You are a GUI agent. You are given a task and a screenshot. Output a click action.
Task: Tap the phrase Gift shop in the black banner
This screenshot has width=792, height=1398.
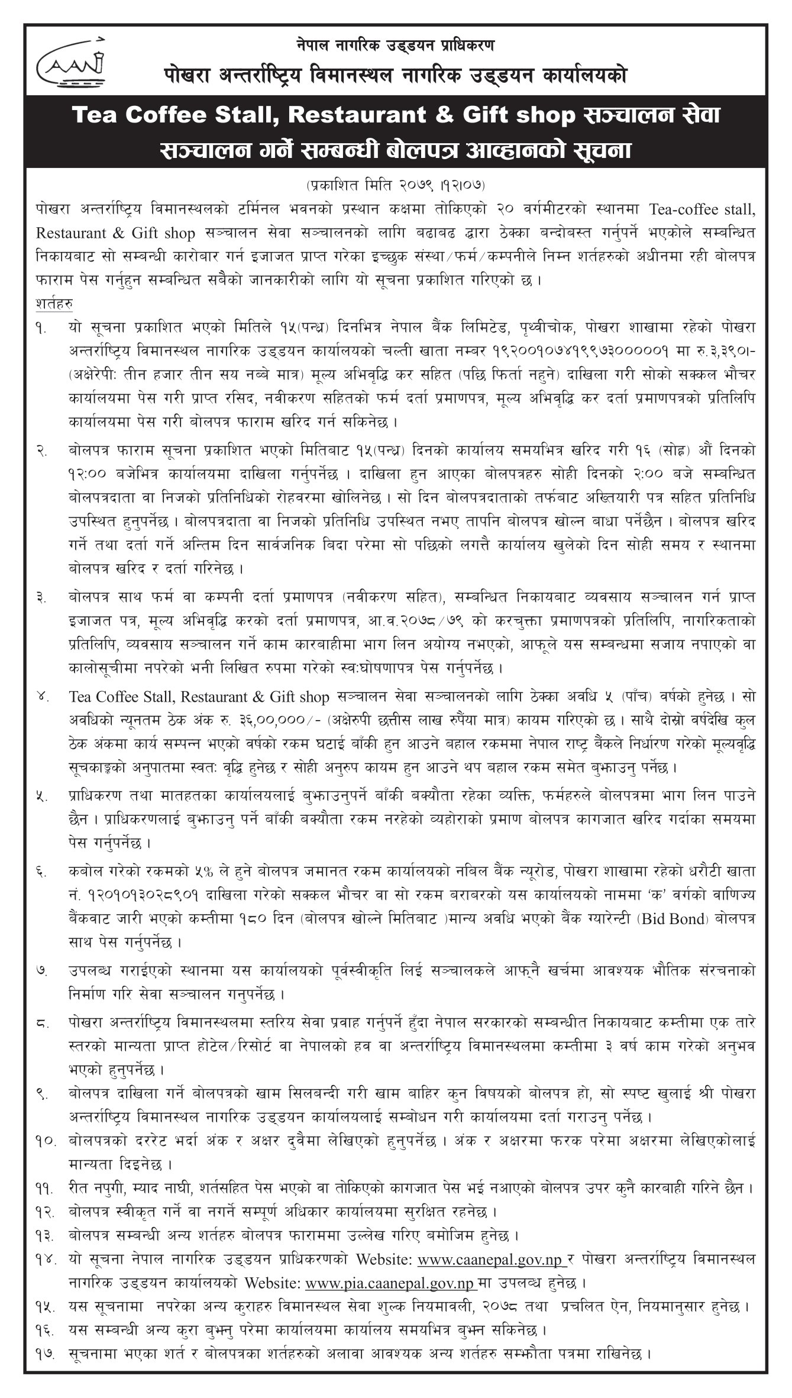pos(512,116)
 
